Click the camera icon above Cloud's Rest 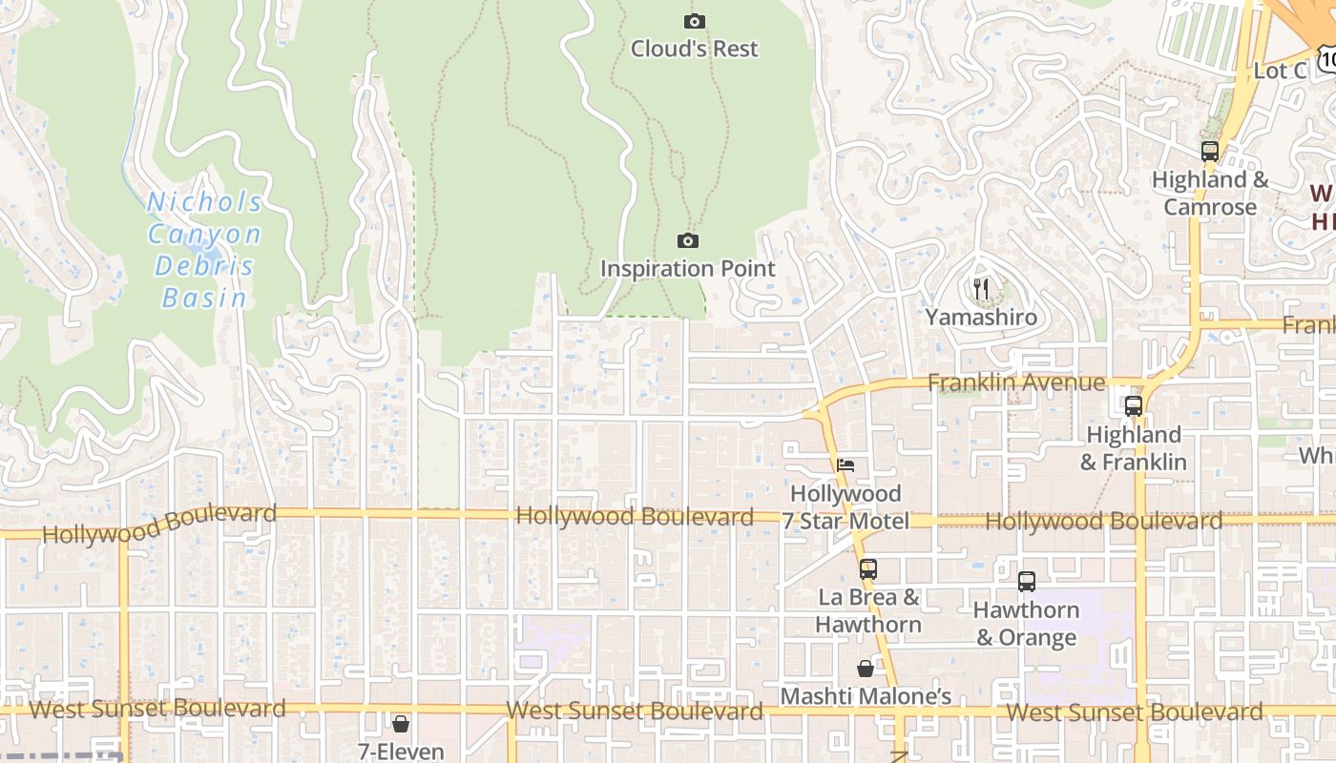tap(695, 21)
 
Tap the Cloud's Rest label tap(695, 49)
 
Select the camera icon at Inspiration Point tap(687, 240)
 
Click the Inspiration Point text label tap(687, 269)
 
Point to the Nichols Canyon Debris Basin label tap(205, 250)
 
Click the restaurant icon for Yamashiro tap(981, 288)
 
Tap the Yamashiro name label tap(981, 317)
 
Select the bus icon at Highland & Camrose tap(1209, 151)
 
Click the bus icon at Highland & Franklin tap(1133, 405)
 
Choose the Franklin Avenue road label tap(1016, 383)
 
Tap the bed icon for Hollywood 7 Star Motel tap(845, 465)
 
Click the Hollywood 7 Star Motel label tap(845, 507)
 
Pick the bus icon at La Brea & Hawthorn tap(867, 568)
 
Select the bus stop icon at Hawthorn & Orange tap(1026, 581)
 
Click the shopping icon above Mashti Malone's tap(865, 669)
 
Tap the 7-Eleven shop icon tap(401, 724)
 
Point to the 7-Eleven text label tap(401, 752)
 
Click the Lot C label tap(1279, 72)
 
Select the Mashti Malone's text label tap(865, 697)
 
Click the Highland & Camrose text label tap(1209, 194)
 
